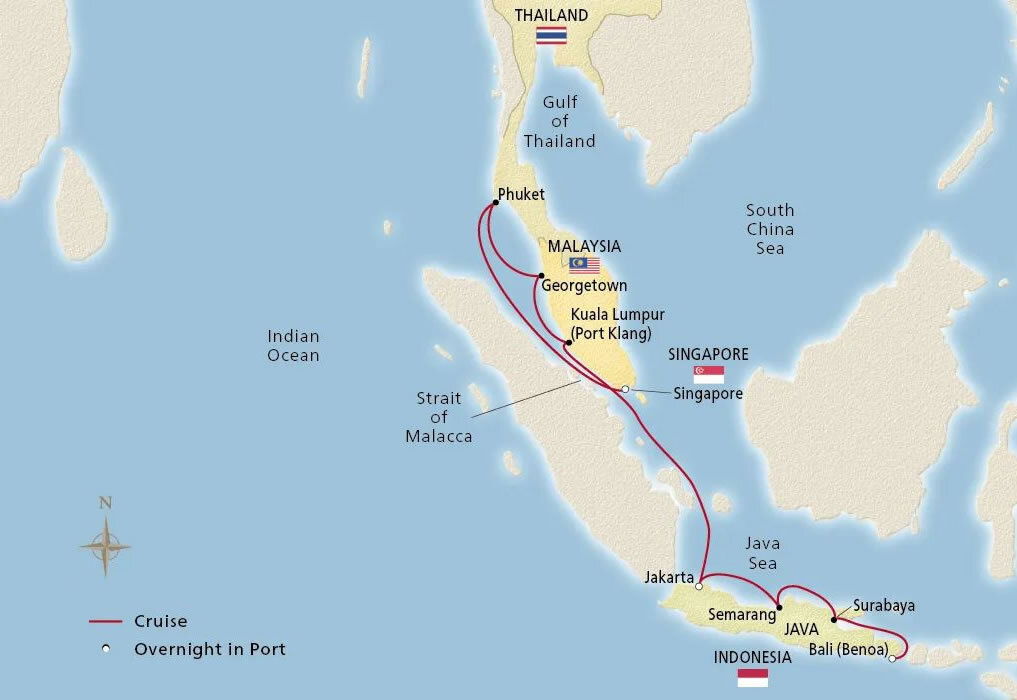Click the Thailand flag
pos(551,36)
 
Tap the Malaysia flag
pos(584,265)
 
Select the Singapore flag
pos(708,374)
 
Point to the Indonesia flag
pos(752,678)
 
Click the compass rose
pos(105,546)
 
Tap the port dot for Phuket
pos(495,202)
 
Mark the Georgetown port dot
pos(541,275)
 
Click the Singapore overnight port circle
pos(625,389)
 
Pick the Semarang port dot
pos(779,607)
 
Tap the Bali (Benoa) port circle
pos(892,658)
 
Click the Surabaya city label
pos(884,605)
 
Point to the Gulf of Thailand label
pos(560,121)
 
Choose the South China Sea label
pos(770,229)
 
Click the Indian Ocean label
pos(293,346)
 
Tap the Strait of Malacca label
pos(439,417)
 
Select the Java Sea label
pos(762,553)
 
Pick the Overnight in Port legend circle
pos(105,649)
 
